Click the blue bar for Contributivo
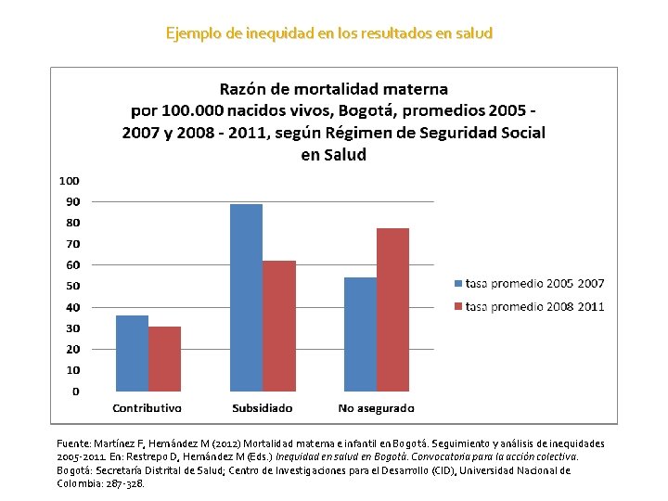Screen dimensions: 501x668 tap(132, 353)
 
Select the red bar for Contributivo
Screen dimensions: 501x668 tap(164, 358)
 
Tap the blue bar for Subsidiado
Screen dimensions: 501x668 tap(246, 297)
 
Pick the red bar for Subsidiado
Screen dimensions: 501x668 tap(278, 326)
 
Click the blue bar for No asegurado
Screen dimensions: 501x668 tap(360, 334)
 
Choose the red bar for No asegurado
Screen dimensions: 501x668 tap(392, 309)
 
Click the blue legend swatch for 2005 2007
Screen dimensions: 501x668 tap(457, 283)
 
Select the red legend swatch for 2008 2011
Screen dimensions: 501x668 tap(457, 306)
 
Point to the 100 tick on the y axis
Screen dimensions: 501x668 tap(70, 180)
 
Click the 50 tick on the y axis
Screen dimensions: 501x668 tap(72, 286)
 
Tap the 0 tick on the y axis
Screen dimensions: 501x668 tap(75, 392)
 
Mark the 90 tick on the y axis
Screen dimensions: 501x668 tap(72, 201)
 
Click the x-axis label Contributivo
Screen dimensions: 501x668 tap(147, 408)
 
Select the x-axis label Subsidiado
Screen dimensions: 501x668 tap(262, 408)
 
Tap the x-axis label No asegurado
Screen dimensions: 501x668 tap(376, 408)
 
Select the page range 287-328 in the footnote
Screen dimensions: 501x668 tap(126, 483)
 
